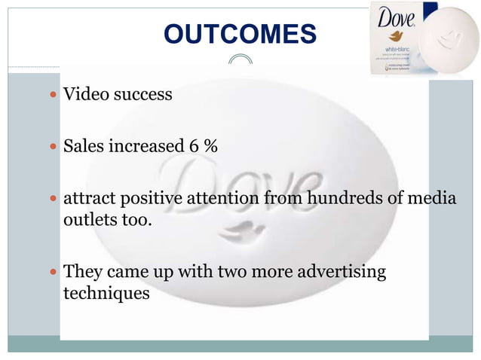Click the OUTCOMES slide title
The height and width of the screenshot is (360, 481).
240,34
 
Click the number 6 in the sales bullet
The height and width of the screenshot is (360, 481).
195,145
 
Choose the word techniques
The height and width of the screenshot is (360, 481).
106,293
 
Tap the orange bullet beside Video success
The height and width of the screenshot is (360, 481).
51,96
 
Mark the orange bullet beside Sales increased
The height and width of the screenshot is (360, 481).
51,146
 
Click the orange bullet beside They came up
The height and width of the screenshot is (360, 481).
51,272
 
